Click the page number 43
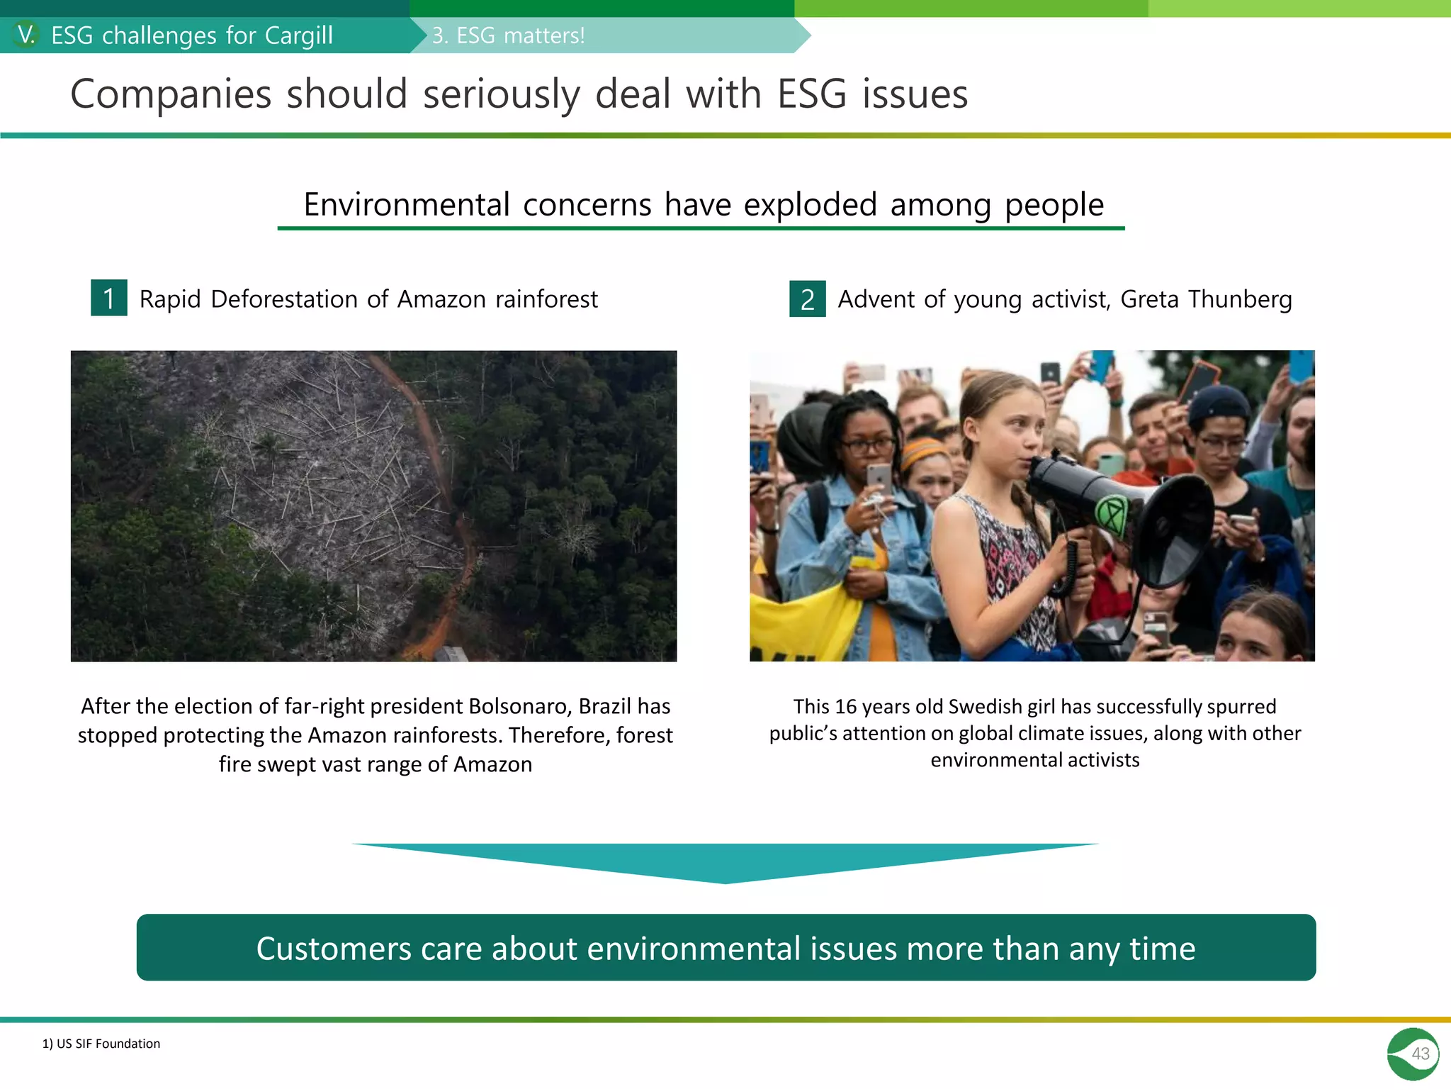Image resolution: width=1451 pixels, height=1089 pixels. point(1420,1054)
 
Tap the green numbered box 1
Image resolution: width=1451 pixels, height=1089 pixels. point(109,298)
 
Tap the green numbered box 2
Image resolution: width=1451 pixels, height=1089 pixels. point(807,298)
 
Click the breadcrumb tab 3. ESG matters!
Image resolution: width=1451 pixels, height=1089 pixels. point(509,35)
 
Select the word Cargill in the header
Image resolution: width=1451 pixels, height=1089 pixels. point(298,35)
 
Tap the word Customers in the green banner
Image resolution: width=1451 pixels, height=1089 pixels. point(333,949)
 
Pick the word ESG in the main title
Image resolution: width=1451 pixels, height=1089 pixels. point(812,94)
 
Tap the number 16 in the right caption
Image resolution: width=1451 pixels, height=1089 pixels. point(846,707)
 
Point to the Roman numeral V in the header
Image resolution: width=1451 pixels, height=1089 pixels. point(26,35)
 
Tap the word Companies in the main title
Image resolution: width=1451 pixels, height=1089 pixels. point(171,94)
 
